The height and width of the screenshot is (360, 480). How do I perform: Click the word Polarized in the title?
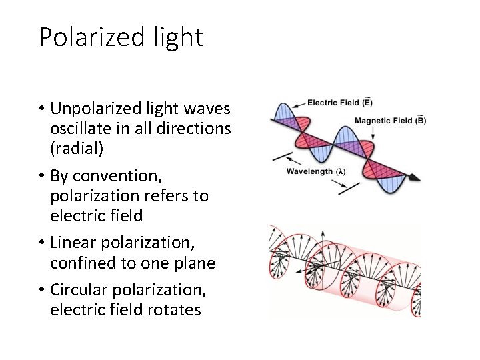point(88,37)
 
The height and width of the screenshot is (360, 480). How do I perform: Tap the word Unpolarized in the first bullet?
point(93,109)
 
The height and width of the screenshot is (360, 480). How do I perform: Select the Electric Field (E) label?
point(339,103)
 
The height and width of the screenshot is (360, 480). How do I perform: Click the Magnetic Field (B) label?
point(390,121)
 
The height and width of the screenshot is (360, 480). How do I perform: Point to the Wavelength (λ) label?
point(316,171)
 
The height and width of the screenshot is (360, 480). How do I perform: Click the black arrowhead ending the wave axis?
point(415,178)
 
